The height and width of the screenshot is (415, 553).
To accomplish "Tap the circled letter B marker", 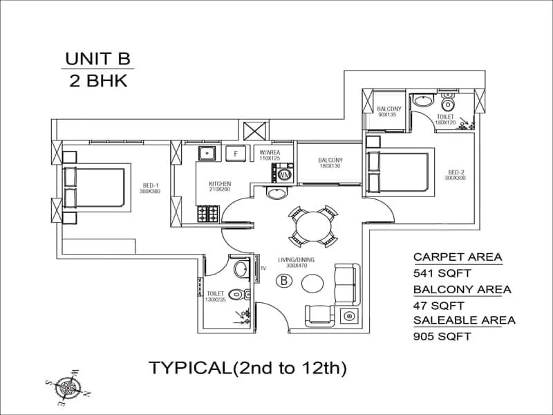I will [x=283, y=281].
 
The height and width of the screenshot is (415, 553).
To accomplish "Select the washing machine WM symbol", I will [x=284, y=174].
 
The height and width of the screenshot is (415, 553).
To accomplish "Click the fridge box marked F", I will [x=236, y=154].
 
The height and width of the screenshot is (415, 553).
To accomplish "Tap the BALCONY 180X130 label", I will [x=330, y=163].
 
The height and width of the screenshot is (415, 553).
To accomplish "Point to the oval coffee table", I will [x=312, y=283].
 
